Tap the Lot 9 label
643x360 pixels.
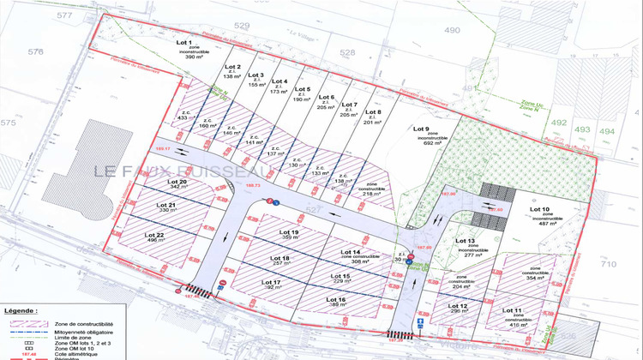420,129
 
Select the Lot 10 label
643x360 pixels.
540,209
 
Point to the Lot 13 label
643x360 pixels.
466,242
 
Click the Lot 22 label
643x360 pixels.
154,234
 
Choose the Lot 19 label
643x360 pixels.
289,232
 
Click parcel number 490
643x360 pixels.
452,31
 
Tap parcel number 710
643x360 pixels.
608,265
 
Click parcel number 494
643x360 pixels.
607,130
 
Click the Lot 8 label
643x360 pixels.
372,112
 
